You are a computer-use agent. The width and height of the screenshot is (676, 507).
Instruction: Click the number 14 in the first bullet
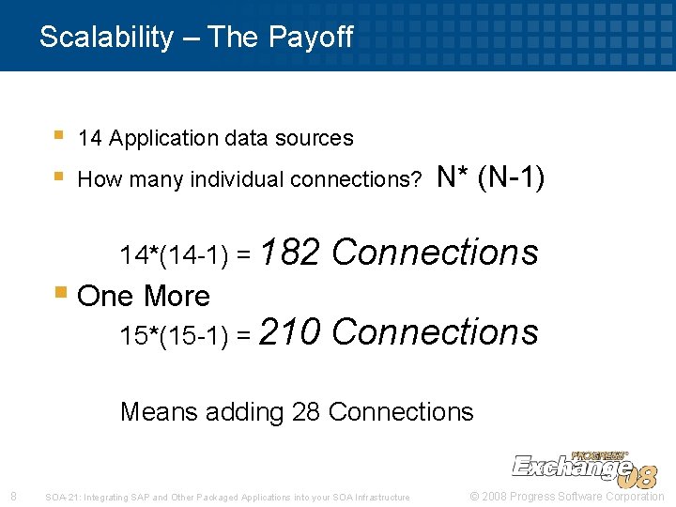(90, 139)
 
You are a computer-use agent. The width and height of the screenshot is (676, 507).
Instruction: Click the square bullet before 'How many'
(59, 176)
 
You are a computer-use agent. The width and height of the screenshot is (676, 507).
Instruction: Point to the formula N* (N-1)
(490, 177)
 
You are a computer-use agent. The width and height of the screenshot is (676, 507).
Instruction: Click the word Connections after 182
(435, 252)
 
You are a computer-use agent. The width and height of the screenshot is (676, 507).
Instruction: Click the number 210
(290, 331)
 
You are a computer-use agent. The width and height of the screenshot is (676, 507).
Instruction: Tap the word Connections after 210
(435, 331)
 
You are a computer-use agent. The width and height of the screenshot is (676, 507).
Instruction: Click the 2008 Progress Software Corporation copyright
(567, 496)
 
